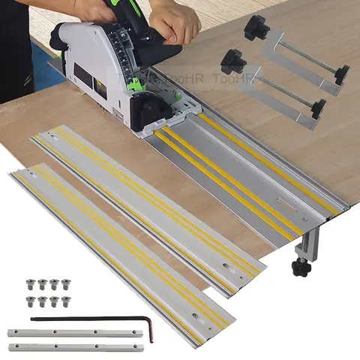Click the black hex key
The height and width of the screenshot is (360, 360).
90,319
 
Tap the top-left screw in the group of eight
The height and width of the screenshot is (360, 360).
31,284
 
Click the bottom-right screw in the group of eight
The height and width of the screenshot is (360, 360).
65,301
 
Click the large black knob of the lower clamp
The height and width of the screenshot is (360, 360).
232,58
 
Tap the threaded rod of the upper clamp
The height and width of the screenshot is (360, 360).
304,57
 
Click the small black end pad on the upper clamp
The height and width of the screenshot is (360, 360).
342,74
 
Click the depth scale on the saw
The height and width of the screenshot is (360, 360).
120,45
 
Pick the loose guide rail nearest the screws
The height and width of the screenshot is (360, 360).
120,247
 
